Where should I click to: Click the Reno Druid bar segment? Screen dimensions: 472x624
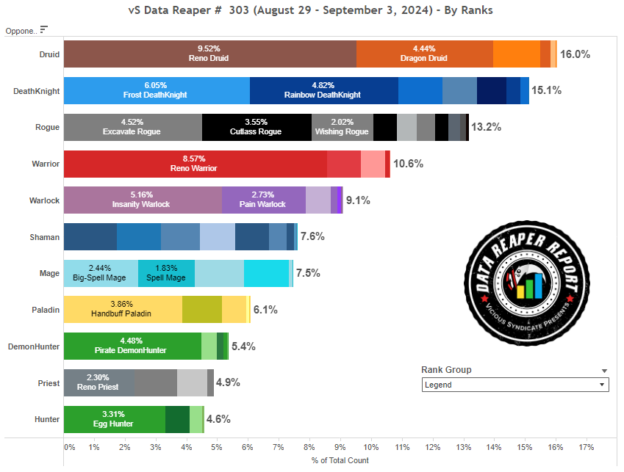pos(209,54)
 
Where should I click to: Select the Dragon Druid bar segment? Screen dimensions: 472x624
pos(424,54)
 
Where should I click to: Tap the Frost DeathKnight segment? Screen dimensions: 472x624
pos(156,90)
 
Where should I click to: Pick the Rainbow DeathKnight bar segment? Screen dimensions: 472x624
pos(323,90)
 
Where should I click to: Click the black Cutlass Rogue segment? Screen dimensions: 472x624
pos(257,127)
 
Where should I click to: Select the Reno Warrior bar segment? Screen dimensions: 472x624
pos(195,164)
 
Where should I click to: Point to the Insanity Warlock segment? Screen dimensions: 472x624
pos(142,200)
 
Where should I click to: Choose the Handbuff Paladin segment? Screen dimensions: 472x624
pos(123,310)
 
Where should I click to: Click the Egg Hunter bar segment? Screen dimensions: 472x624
pos(114,419)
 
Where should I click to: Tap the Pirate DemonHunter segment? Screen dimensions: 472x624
pos(132,346)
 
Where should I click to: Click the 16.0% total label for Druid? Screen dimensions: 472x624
pos(575,54)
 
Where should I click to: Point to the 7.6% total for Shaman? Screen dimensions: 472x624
pos(312,236)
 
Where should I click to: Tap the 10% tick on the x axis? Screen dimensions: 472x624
pos(370,446)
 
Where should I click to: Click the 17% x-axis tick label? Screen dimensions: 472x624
pos(586,446)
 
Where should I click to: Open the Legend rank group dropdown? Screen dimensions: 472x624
pos(515,385)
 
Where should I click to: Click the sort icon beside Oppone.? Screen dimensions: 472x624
pos(43,29)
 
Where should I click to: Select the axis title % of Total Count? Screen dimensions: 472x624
pos(340,460)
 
